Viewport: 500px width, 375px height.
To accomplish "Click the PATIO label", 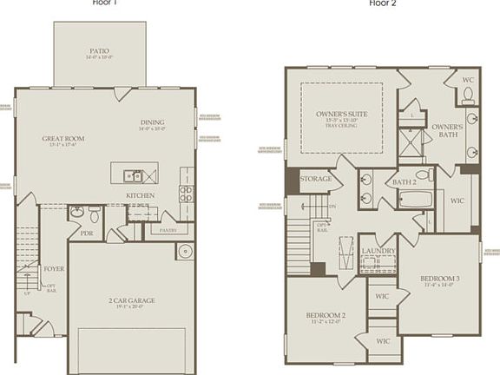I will pyautogui.click(x=98, y=51).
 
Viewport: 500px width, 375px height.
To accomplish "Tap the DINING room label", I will pyautogui.click(x=151, y=122).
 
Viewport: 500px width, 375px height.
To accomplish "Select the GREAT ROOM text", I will pyautogui.click(x=62, y=138).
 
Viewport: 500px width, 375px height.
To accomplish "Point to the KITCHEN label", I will pyautogui.click(x=141, y=195).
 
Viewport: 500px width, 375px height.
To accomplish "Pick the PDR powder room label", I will pyautogui.click(x=87, y=233).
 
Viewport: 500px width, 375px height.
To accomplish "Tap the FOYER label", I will pyautogui.click(x=54, y=269).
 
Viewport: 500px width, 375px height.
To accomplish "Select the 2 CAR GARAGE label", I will pyautogui.click(x=131, y=300).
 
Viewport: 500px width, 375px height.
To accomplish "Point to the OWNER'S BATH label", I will pyautogui.click(x=447, y=131).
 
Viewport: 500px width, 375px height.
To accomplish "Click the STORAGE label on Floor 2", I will pyautogui.click(x=316, y=179).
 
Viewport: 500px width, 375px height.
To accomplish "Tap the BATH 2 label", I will pyautogui.click(x=405, y=182).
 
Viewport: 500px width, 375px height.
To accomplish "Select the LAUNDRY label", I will pyautogui.click(x=378, y=251).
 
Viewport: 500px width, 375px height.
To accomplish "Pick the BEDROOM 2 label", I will pyautogui.click(x=326, y=314).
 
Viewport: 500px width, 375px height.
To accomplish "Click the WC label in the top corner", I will pyautogui.click(x=467, y=79).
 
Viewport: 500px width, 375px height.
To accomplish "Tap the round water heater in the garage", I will pyautogui.click(x=184, y=252).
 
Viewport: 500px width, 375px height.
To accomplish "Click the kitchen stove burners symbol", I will pyautogui.click(x=186, y=194).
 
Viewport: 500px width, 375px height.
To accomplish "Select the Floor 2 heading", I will pyautogui.click(x=381, y=3).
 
